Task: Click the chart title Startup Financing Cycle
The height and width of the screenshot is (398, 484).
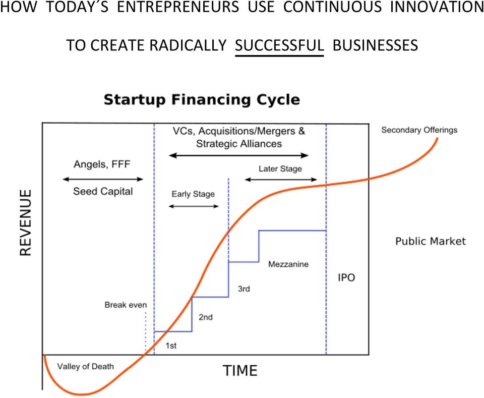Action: click(x=202, y=100)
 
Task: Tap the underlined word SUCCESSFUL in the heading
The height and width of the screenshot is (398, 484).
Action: click(x=279, y=45)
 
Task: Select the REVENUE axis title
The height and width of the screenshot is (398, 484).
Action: click(x=26, y=222)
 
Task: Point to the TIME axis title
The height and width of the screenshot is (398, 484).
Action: click(x=240, y=371)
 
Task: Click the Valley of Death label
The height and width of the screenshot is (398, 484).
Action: click(x=86, y=367)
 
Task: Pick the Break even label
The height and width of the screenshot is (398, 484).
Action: click(x=126, y=305)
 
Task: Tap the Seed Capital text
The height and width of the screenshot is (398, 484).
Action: click(x=103, y=192)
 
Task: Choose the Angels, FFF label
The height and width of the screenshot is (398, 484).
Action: click(x=102, y=164)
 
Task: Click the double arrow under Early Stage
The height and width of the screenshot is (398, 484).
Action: click(x=194, y=206)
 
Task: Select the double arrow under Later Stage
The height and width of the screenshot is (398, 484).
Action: click(x=281, y=180)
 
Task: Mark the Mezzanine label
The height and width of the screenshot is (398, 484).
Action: click(x=288, y=264)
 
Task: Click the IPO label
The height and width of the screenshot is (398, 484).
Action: click(x=346, y=277)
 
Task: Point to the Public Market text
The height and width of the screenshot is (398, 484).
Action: click(x=431, y=241)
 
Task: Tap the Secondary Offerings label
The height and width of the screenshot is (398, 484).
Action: click(x=419, y=130)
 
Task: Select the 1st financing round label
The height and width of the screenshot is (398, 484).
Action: click(x=171, y=346)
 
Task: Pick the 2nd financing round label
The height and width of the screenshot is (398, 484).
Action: click(x=206, y=317)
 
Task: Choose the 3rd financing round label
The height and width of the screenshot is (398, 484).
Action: click(x=244, y=289)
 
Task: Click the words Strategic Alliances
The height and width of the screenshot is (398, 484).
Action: click(x=239, y=144)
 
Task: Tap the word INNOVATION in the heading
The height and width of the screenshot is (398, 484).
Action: click(x=437, y=7)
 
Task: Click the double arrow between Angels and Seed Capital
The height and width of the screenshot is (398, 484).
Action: click(x=103, y=179)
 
